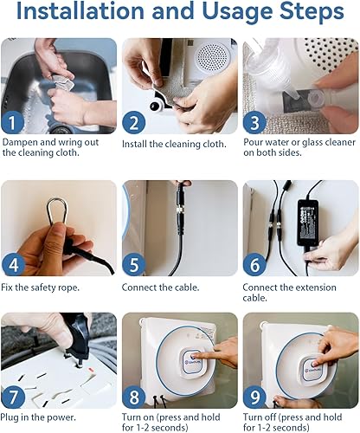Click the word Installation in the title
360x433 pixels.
[x=80, y=10]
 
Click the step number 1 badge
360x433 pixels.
[x=13, y=122]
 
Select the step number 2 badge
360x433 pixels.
[x=133, y=122]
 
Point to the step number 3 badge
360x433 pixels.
[x=254, y=122]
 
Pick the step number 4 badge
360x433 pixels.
[x=13, y=264]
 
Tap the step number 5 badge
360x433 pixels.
[x=133, y=264]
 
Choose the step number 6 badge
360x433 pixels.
[x=254, y=264]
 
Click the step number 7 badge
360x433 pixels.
[x=13, y=397]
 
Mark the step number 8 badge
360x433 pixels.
[x=133, y=397]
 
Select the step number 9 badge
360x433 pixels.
[x=254, y=397]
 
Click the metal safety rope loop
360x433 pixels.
[x=48, y=214]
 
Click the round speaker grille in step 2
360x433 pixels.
[x=213, y=59]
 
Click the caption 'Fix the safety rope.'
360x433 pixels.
[x=40, y=288]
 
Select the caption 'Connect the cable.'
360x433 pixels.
[x=160, y=288]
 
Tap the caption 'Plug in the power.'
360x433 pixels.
[x=38, y=417]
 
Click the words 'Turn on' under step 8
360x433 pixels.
[x=138, y=417]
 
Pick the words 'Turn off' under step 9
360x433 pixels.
[x=260, y=417]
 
